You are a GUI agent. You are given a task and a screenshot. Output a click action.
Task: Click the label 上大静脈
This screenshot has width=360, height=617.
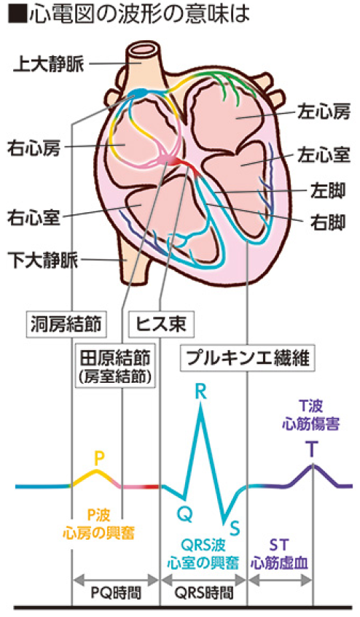tap(49, 64)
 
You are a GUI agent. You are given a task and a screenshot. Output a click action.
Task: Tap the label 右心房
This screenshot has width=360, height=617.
tap(34, 148)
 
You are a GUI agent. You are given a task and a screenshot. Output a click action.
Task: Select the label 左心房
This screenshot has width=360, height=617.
tap(324, 112)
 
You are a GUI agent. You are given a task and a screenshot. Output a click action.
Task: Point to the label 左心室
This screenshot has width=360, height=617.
tap(324, 155)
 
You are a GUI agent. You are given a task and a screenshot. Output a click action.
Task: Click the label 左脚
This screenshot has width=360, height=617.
tap(328, 191)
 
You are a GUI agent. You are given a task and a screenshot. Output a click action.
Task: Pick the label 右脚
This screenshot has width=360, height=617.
tap(328, 222)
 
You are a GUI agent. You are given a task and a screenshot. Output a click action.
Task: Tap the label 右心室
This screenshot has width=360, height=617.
tap(34, 217)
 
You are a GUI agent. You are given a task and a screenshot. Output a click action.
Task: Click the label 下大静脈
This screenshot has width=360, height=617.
tap(43, 260)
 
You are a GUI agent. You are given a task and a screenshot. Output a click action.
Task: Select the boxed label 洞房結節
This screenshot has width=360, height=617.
tap(66, 325)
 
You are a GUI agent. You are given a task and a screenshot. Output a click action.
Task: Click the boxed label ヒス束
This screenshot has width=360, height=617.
tap(161, 325)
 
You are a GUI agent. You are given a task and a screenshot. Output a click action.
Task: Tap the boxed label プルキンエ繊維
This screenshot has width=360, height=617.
tap(248, 359)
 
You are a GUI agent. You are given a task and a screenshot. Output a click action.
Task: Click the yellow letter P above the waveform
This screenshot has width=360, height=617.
tap(99, 459)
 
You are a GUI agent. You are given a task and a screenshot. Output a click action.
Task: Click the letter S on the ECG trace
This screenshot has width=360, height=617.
tap(234, 528)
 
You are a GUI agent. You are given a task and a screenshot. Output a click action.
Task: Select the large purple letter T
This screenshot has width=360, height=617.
tap(312, 449)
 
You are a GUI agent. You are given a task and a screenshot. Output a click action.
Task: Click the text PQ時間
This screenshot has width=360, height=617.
tap(116, 593)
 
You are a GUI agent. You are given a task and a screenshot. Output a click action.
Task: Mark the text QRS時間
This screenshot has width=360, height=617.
tap(203, 593)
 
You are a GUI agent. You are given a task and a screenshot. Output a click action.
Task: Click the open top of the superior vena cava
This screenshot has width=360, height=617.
tap(144, 50)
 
